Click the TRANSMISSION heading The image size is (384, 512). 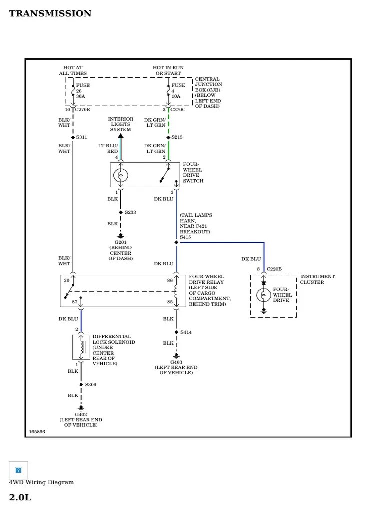(x=50, y=14)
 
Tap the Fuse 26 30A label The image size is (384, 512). (x=81, y=91)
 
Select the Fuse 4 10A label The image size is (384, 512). (x=178, y=91)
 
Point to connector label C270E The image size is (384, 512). (x=83, y=109)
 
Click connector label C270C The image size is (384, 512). (x=178, y=109)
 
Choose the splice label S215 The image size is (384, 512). (x=177, y=137)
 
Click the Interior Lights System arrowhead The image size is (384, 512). (x=120, y=135)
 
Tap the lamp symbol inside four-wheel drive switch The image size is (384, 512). (x=120, y=175)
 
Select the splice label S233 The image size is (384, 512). (x=130, y=212)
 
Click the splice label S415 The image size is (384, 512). (x=186, y=237)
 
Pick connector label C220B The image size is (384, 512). (x=274, y=269)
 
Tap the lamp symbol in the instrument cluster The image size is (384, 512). (x=264, y=295)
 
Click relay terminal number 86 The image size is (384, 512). (x=170, y=280)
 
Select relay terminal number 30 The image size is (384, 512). (x=67, y=280)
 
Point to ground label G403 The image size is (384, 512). (x=176, y=362)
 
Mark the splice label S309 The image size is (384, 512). (x=90, y=384)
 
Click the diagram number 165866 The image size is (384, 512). (x=37, y=431)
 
